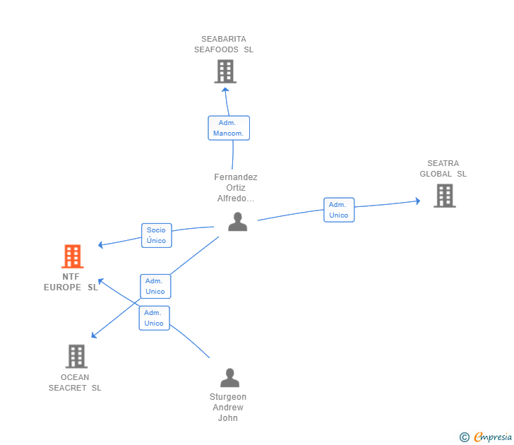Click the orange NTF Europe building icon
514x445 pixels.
tap(73, 256)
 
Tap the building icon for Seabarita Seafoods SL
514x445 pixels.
tap(225, 71)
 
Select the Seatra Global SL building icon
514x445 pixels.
tap(445, 196)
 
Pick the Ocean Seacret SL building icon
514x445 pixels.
tap(76, 356)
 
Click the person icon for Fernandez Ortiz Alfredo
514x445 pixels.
tap(238, 222)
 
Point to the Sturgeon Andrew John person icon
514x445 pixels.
tap(229, 377)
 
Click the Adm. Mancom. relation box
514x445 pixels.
tap(229, 128)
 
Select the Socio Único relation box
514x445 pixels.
tap(156, 235)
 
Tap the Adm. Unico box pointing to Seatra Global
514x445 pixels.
tap(339, 210)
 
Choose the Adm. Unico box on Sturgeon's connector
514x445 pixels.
tap(154, 318)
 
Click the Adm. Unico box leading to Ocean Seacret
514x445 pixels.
tap(155, 286)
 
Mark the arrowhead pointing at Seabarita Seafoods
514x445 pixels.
tap(225, 90)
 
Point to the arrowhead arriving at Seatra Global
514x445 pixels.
tap(418, 201)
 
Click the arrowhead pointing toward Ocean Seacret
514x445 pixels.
tap(94, 335)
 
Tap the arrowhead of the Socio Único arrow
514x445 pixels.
tap(101, 244)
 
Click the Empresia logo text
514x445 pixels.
tap(493, 437)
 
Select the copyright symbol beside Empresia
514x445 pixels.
tap(464, 437)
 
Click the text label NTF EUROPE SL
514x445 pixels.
tap(71, 282)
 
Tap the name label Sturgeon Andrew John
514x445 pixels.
tap(228, 408)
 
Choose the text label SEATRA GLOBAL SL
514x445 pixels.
tap(443, 169)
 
